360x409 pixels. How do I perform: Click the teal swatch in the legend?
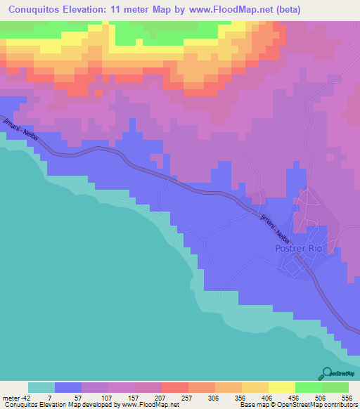(41, 387)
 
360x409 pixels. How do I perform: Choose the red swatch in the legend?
(174, 387)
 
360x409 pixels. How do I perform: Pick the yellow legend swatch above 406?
(255, 387)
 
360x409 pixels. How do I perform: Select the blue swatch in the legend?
(68, 387)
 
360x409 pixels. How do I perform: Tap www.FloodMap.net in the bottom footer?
(148, 404)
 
